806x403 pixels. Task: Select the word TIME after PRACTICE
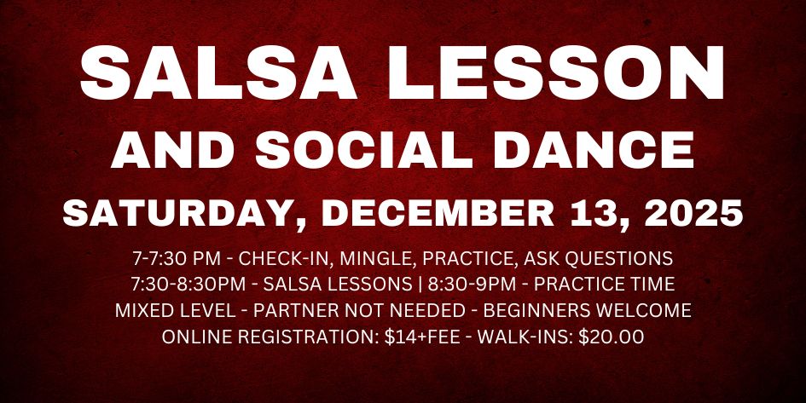[651, 284]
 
